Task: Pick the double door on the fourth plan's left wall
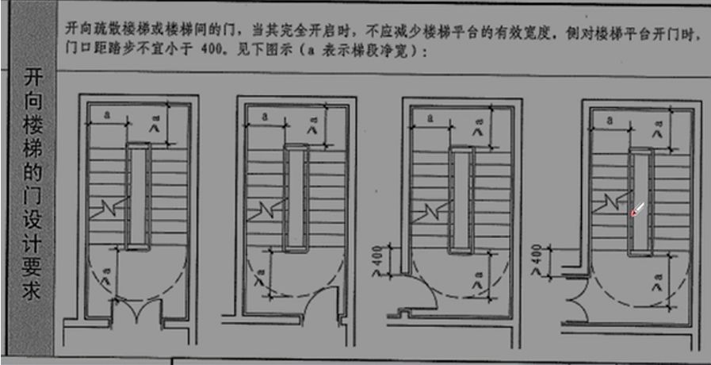pyautogui.click(x=577, y=294)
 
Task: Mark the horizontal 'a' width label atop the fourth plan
pyautogui.click(x=610, y=121)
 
